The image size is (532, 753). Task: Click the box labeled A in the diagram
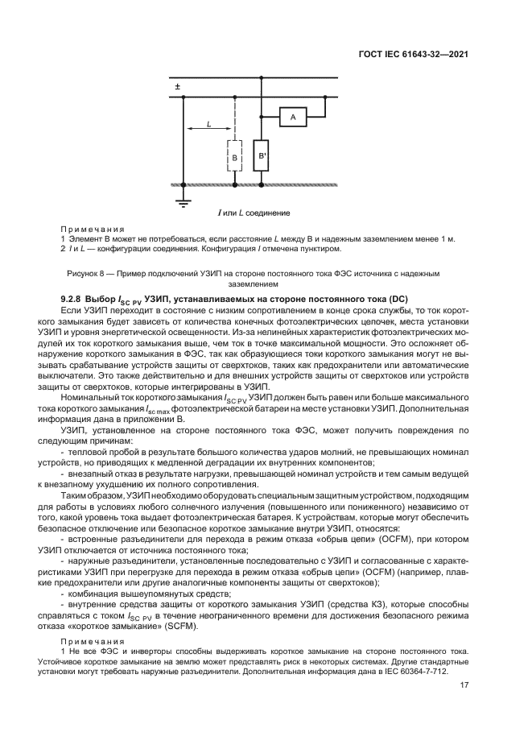pyautogui.click(x=293, y=118)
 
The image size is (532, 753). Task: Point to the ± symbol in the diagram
pyautogui.click(x=177, y=85)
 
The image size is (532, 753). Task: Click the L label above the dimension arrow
pyautogui.click(x=208, y=123)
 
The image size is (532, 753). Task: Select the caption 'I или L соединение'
pyautogui.click(x=254, y=213)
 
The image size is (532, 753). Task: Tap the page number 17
pyautogui.click(x=464, y=685)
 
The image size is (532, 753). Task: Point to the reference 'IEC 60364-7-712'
pyautogui.click(x=419, y=672)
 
